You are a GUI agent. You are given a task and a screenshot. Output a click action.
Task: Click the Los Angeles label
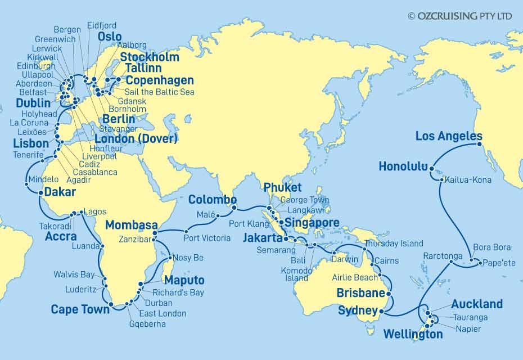pos(448,136)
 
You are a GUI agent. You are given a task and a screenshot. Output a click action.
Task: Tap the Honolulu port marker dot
pos(431,168)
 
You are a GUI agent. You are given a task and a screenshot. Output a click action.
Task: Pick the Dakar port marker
pos(40,193)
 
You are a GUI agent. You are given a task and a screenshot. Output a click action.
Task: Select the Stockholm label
pos(150,57)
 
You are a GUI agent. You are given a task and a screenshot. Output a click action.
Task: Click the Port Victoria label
pos(207,238)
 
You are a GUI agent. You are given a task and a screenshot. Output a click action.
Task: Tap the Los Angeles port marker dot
pos(480,144)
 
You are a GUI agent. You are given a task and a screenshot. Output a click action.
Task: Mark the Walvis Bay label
pos(74,275)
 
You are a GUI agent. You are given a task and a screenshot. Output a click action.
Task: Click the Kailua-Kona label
pos(468,180)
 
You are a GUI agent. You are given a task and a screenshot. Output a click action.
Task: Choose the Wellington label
pos(413,335)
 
